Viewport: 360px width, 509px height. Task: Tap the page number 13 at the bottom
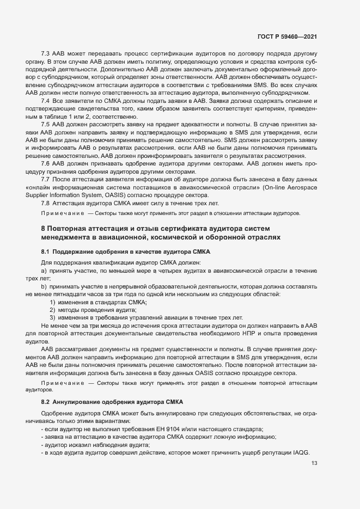[x=314, y=464]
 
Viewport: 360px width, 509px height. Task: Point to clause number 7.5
[x=46, y=125]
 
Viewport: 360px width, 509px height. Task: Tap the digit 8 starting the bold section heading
[x=43, y=228]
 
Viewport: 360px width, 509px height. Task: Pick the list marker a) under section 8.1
[x=44, y=271]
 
